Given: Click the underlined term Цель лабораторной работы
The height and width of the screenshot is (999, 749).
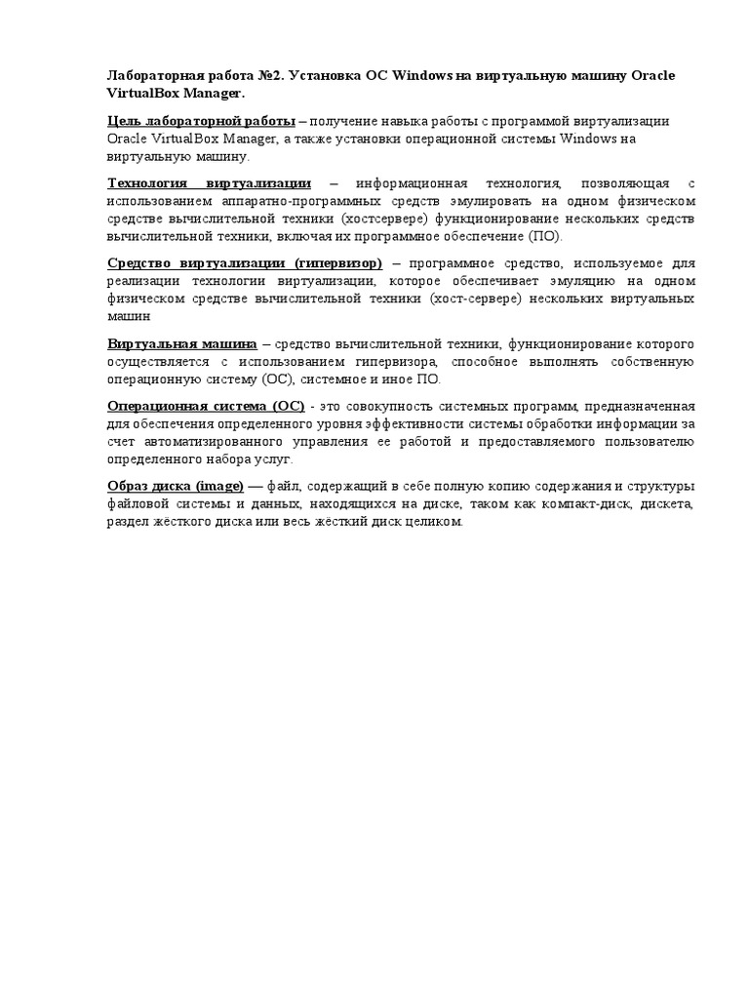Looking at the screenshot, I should tap(201, 121).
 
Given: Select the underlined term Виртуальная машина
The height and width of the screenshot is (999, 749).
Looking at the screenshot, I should tap(181, 343).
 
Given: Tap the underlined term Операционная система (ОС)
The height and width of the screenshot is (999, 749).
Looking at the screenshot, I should tap(205, 406).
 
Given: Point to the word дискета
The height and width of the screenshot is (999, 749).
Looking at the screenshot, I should tap(663, 503).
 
